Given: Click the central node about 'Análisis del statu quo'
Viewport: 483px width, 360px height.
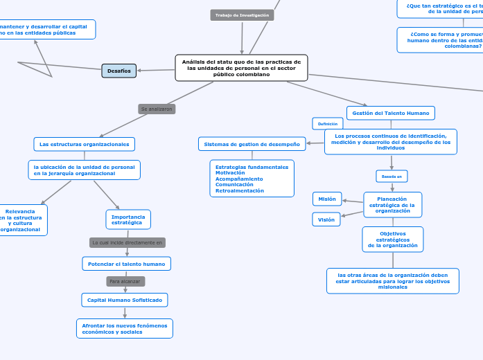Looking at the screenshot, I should click(x=242, y=68).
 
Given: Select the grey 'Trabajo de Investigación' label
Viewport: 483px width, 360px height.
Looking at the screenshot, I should click(x=242, y=15).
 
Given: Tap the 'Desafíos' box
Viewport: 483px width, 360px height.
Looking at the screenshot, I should click(x=118, y=71).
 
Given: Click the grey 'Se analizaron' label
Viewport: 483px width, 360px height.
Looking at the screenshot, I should click(x=157, y=109).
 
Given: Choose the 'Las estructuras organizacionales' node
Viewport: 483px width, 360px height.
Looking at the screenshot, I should click(x=84, y=144).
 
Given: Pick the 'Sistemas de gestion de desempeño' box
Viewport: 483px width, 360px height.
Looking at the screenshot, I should click(x=252, y=144).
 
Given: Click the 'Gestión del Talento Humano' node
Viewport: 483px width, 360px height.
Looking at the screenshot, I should click(x=391, y=113).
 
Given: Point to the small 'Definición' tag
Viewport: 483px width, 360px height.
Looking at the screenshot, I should click(x=328, y=124).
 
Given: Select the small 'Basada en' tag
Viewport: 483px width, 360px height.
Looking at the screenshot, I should click(x=392, y=177).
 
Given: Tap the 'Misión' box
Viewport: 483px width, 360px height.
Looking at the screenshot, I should click(x=326, y=199).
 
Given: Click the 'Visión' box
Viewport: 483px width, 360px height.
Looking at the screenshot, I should click(x=326, y=219).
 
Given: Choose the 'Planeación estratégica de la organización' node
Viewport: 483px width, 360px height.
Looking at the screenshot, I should click(x=392, y=205).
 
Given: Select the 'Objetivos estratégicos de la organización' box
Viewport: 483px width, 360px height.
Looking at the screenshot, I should click(x=392, y=240).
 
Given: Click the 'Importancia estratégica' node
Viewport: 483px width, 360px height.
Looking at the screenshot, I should click(x=128, y=219).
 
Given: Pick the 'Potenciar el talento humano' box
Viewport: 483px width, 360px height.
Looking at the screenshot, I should click(x=126, y=264).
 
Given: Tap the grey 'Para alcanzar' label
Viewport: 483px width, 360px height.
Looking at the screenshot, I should click(x=125, y=282).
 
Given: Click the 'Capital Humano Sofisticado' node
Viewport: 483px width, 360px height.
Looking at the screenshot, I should click(x=125, y=300).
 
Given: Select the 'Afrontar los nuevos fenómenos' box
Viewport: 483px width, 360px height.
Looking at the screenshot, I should click(x=125, y=329).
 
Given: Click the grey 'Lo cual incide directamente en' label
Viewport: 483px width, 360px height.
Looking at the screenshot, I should click(x=128, y=243).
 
